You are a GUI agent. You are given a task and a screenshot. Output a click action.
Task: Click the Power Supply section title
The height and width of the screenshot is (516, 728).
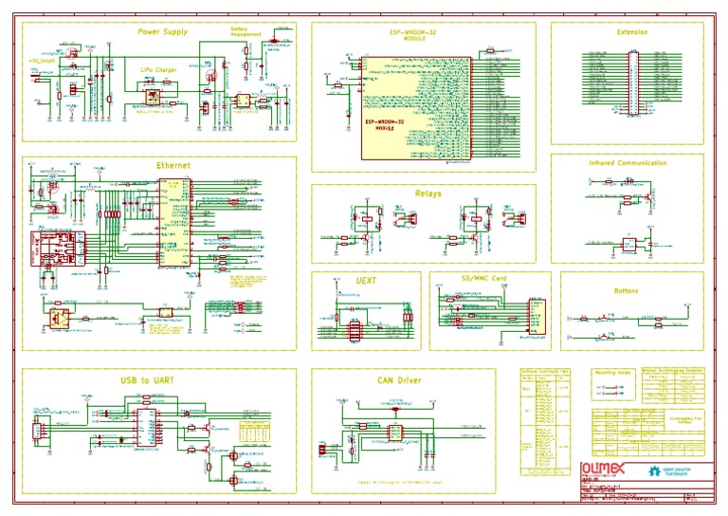162,31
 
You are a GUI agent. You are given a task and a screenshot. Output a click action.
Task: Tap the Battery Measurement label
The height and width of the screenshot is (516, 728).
245,31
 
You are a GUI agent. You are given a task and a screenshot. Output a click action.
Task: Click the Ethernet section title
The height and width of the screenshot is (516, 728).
173,165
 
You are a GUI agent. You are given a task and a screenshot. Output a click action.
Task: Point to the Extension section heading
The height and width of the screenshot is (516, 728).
632,32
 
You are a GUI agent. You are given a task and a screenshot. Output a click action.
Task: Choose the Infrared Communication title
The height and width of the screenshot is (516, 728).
628,163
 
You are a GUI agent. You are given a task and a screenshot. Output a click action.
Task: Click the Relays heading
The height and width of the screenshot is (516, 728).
428,193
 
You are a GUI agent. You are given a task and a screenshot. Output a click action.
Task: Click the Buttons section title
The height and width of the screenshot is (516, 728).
626,291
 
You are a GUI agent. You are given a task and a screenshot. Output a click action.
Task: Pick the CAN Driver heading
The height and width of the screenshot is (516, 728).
399,380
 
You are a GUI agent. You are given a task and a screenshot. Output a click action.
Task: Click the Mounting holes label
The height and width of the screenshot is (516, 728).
612,374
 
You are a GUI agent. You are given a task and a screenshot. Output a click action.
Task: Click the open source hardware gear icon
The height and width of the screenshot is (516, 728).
655,470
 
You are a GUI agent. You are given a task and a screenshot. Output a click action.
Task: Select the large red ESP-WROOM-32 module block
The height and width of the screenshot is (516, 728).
414,109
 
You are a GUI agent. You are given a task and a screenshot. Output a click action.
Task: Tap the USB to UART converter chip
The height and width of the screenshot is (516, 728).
147,430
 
